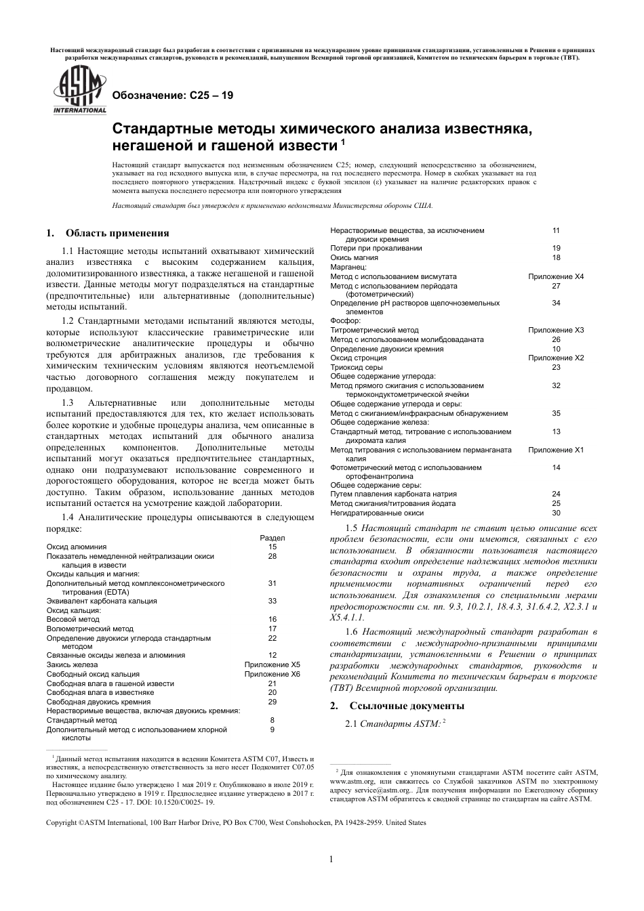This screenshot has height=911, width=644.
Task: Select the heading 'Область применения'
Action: (117, 234)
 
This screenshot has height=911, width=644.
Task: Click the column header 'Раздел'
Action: (273, 538)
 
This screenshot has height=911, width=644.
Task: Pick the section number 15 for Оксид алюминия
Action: (273, 547)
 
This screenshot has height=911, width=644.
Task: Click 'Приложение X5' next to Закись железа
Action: (273, 665)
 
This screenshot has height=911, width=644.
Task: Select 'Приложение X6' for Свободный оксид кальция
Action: (273, 674)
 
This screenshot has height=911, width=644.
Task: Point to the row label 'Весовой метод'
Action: (73, 619)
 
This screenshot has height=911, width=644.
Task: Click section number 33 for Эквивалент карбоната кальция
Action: (273, 601)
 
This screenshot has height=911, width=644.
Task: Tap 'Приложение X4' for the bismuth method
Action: (556, 276)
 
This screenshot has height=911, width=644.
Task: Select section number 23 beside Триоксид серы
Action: (556, 367)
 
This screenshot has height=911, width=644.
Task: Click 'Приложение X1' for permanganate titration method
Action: (556, 450)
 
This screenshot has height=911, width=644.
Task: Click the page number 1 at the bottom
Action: (331, 860)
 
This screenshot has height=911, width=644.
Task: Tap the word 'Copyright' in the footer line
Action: (62, 823)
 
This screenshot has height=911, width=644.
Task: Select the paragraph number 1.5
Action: (351, 528)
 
